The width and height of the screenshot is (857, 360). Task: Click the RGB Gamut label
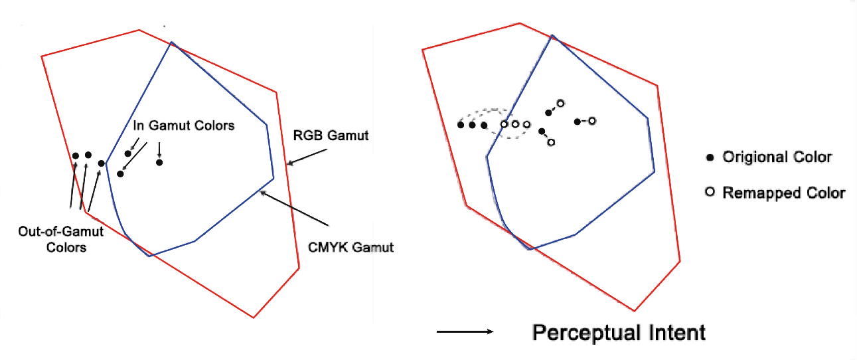click(331, 135)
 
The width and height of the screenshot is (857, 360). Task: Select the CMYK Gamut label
click(351, 247)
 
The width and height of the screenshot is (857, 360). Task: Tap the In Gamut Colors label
click(184, 125)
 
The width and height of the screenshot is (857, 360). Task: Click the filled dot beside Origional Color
click(710, 158)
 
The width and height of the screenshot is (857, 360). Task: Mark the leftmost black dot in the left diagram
click(76, 155)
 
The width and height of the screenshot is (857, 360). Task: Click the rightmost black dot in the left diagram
click(159, 162)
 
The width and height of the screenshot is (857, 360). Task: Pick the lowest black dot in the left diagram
click(120, 174)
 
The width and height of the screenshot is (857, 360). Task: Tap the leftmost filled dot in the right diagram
click(461, 124)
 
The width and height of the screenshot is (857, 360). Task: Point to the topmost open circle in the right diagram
click(560, 103)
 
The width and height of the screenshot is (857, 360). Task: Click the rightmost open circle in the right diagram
click(592, 120)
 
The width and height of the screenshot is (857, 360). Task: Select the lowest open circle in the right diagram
click(550, 142)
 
